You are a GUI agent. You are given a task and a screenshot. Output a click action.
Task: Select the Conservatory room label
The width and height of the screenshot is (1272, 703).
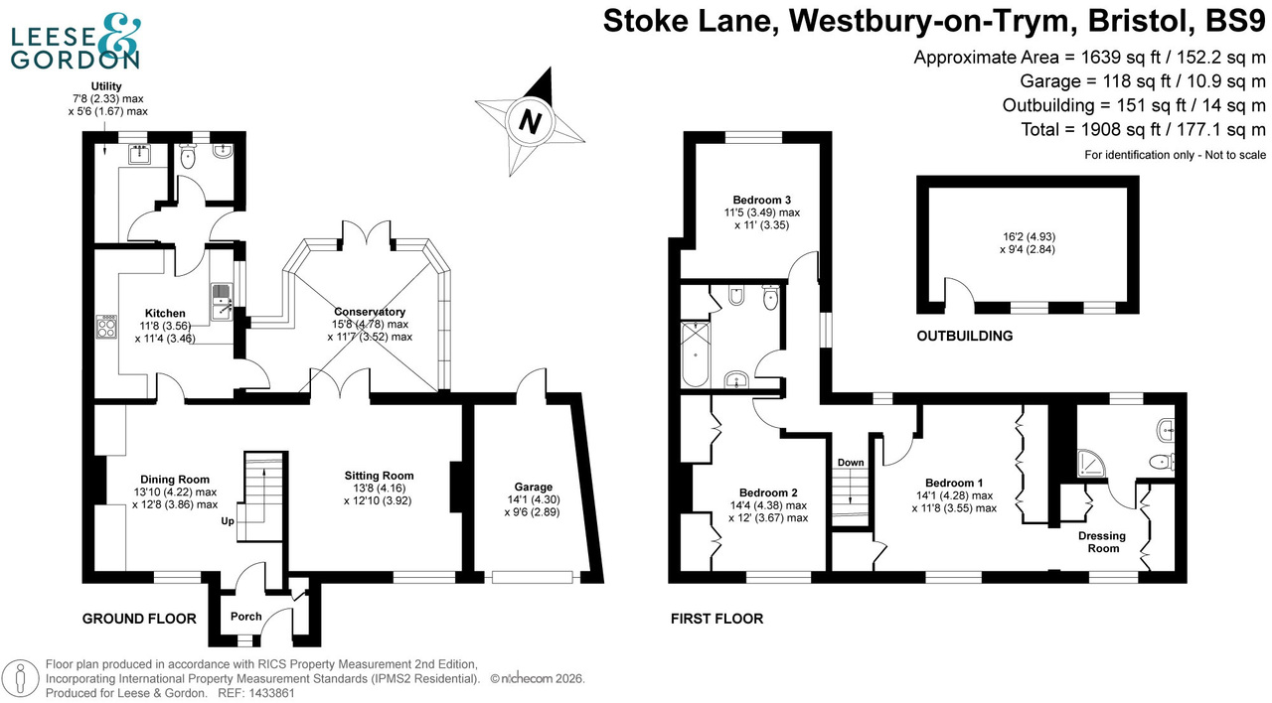click(369, 311)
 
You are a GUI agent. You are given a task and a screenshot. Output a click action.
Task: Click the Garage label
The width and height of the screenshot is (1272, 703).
click(533, 487)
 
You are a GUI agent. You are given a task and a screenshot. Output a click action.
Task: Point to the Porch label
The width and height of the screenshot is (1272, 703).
click(245, 617)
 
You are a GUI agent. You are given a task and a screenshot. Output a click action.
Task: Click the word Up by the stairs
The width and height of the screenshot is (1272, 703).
click(228, 520)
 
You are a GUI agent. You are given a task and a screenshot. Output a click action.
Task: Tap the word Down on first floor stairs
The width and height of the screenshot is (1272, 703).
click(851, 463)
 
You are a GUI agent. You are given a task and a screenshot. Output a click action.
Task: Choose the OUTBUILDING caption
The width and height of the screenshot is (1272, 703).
click(964, 336)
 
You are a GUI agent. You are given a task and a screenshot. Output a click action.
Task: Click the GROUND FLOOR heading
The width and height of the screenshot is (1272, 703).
click(138, 619)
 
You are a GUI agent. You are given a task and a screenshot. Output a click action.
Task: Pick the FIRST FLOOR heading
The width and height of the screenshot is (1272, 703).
click(716, 619)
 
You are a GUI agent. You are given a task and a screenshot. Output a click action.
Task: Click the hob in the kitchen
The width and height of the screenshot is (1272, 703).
click(105, 327)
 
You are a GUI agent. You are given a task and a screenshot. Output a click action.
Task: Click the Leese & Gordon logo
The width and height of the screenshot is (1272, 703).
click(76, 44)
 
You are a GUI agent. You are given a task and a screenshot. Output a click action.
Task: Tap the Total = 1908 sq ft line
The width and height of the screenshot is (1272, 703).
click(1143, 129)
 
